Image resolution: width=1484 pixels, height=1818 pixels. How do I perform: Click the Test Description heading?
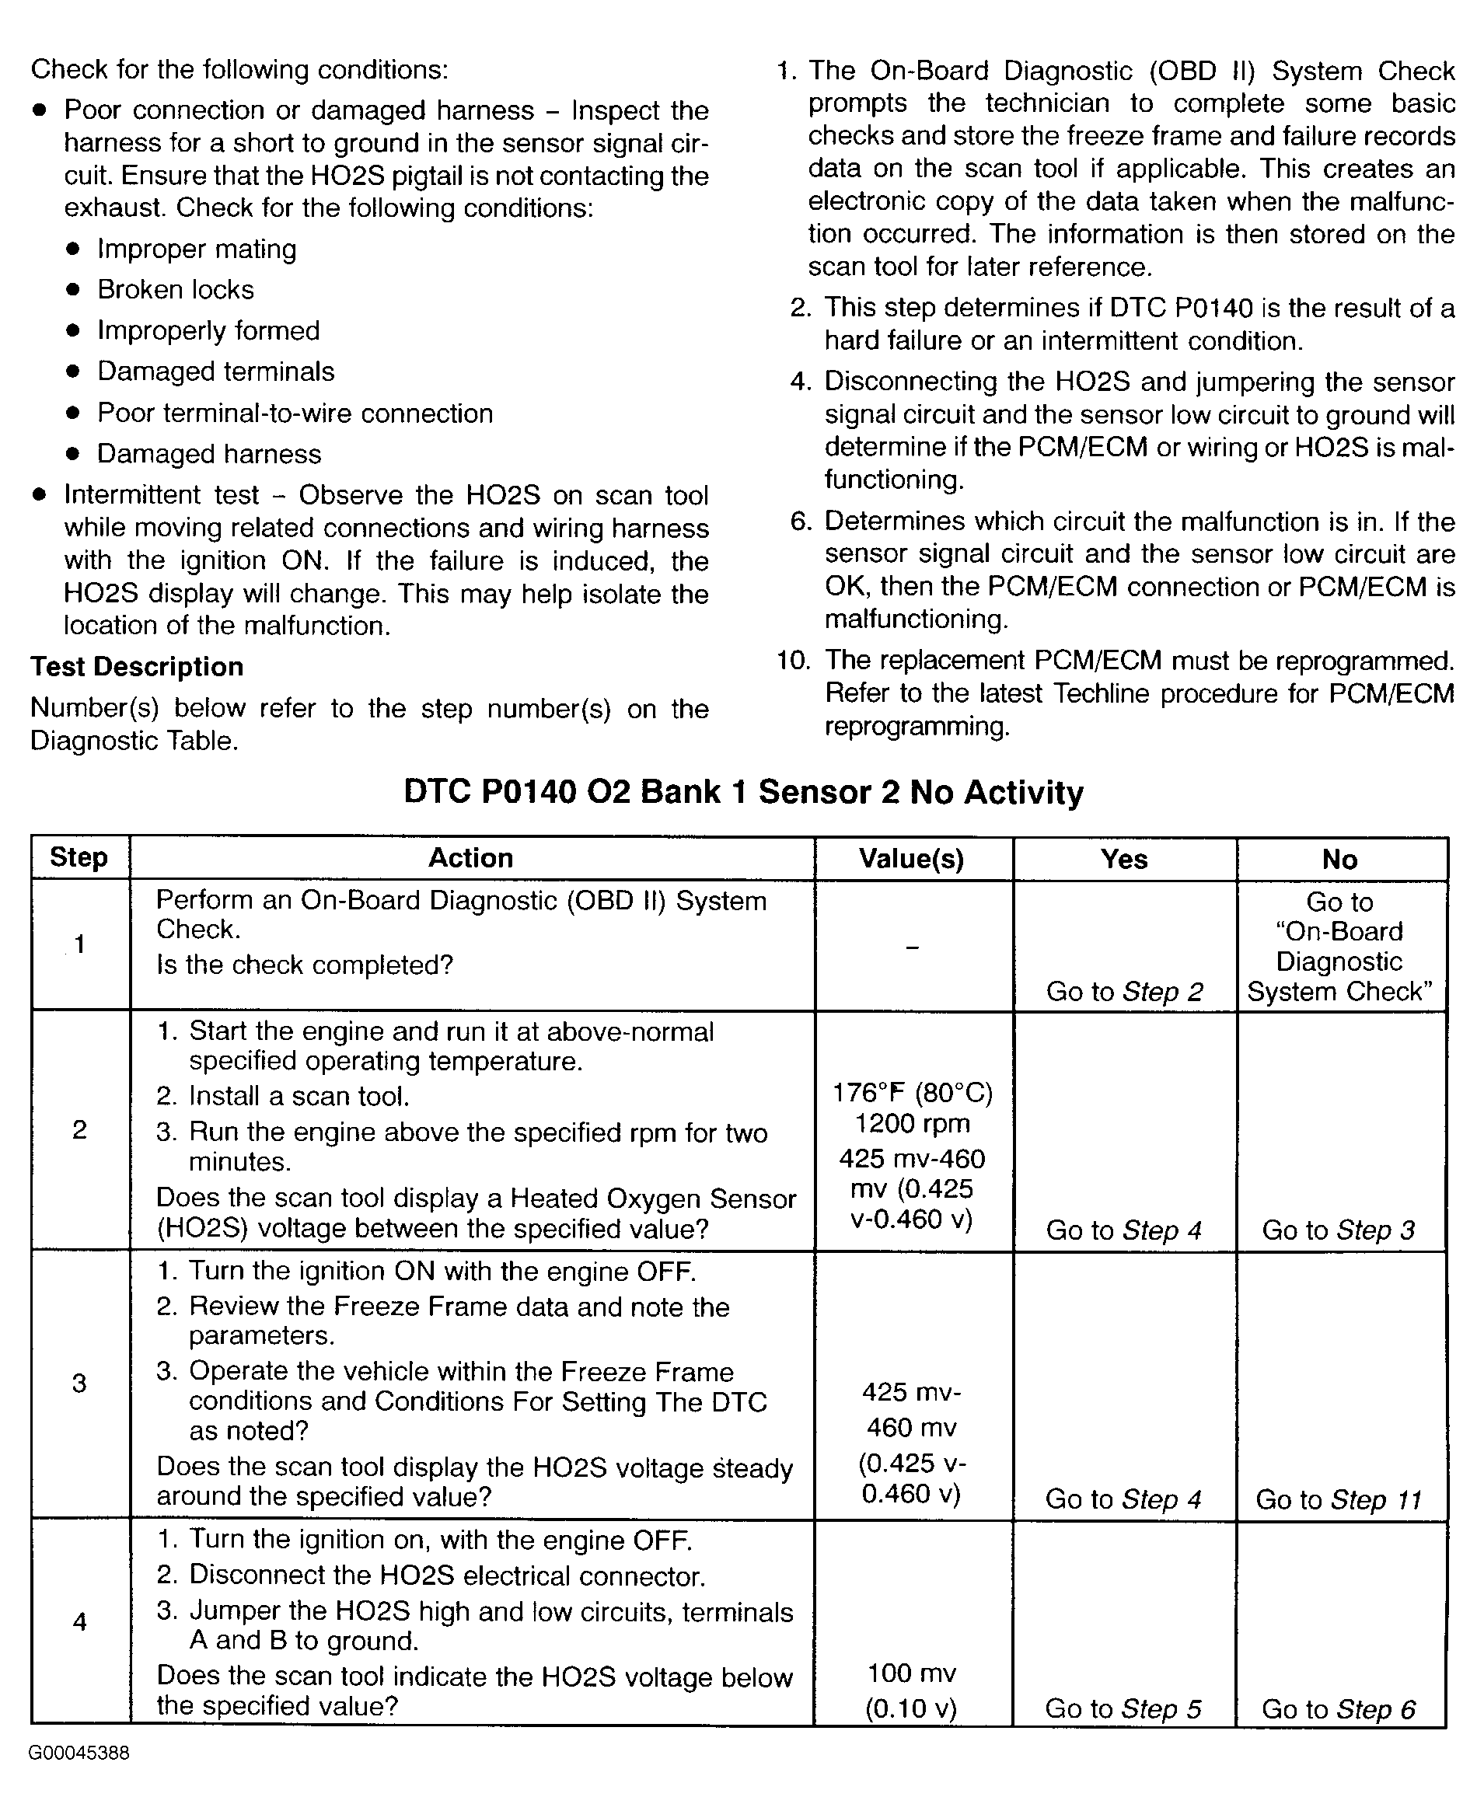pos(137,667)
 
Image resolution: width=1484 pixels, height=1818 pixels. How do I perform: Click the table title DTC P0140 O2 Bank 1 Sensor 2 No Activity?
pos(743,792)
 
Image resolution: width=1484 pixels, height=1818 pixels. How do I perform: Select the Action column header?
pos(471,858)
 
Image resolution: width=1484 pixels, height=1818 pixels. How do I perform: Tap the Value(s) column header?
pos(911,859)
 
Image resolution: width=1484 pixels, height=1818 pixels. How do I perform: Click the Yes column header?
pos(1124,859)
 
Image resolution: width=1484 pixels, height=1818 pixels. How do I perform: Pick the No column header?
pos(1339,859)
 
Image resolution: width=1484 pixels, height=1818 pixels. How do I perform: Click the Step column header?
pos(79,857)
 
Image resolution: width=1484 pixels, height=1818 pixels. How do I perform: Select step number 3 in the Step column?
pos(79,1383)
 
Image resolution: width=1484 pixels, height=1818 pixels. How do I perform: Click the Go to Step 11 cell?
pos(1338,1499)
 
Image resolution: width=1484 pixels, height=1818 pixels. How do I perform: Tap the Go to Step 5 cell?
pos(1123,1708)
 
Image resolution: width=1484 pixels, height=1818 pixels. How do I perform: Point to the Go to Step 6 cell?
pos(1339,1708)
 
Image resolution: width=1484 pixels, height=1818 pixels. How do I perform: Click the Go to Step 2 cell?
pos(1124,992)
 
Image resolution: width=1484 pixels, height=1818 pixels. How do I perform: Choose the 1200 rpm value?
pos(912,1124)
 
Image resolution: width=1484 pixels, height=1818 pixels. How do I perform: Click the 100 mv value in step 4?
pos(911,1673)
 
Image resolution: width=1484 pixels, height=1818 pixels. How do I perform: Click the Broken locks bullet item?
pos(175,290)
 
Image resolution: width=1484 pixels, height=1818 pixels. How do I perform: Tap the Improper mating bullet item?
pos(197,249)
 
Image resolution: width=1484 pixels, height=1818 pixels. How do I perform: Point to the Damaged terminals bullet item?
pos(215,372)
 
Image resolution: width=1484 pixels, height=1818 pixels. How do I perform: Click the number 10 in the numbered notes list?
pos(793,661)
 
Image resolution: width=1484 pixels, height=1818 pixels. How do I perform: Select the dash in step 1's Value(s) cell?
pos(912,947)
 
